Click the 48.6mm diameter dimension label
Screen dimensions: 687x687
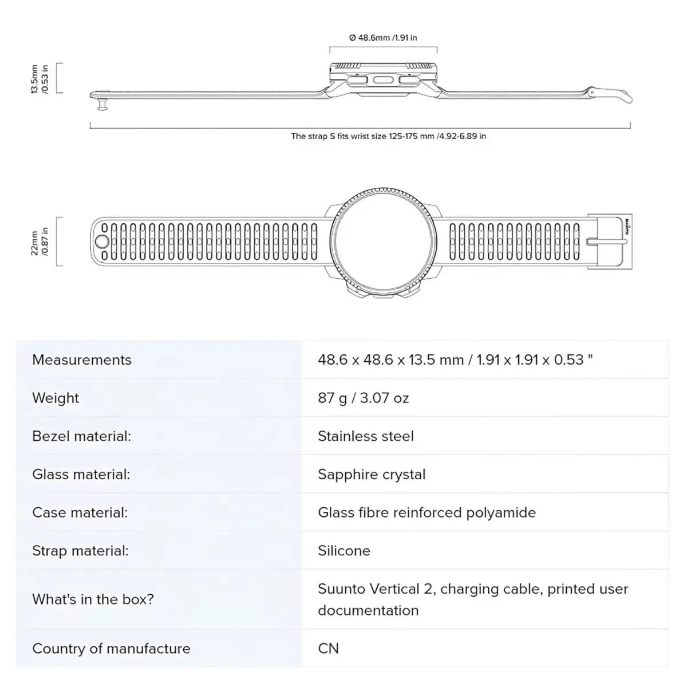coord(383,38)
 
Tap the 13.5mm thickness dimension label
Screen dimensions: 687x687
coord(40,79)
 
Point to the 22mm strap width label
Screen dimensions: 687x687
coord(40,242)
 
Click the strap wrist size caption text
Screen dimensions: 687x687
coord(388,136)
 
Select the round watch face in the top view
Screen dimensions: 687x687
coord(383,242)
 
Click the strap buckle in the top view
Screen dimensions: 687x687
coord(609,242)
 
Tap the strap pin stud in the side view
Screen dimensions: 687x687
coord(102,105)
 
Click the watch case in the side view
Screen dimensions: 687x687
coord(383,79)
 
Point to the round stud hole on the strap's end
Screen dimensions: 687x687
coord(101,242)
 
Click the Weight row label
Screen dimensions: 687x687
coord(56,398)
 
